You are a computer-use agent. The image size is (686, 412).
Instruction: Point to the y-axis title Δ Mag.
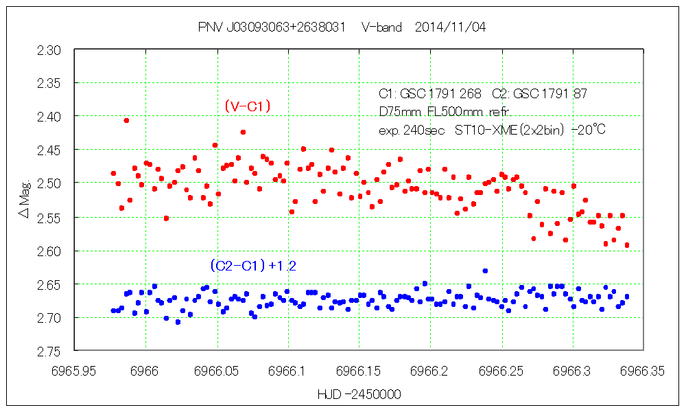[25, 200]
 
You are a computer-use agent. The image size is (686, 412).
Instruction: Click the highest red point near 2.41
[126, 120]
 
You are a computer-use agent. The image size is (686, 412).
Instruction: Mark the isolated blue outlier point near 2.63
[485, 271]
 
